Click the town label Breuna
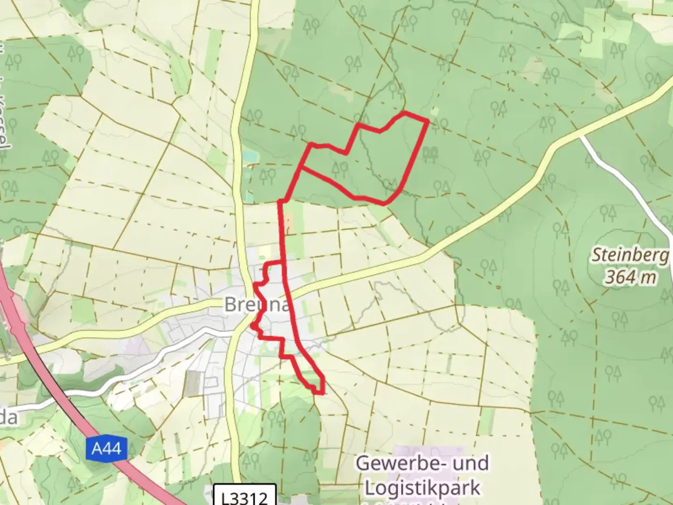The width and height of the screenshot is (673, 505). point(258,304)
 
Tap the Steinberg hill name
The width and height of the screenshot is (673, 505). point(631,256)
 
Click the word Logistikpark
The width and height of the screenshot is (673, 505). point(422,488)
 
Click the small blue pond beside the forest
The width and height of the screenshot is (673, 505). point(250,155)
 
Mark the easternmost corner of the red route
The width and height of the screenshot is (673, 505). point(428,121)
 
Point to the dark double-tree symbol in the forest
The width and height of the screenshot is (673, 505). point(430,153)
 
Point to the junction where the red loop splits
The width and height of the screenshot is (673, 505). point(301,166)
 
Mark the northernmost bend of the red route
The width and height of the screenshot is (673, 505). point(404,113)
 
